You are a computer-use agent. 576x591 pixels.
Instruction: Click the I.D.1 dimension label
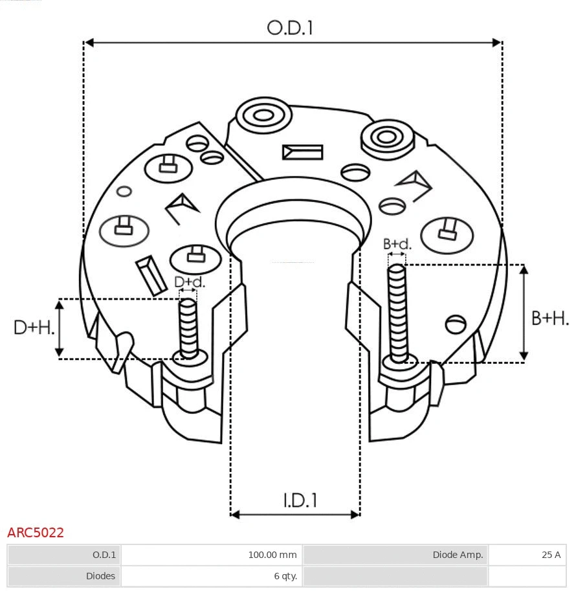pyautogui.click(x=300, y=500)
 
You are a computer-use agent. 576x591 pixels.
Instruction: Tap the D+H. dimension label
pyautogui.click(x=34, y=328)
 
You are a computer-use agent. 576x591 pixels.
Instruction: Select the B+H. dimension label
pyautogui.click(x=550, y=318)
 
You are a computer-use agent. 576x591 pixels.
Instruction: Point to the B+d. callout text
pyautogui.click(x=397, y=244)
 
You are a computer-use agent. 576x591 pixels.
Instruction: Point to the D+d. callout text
pyautogui.click(x=189, y=282)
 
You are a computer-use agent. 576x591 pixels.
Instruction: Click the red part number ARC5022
pyautogui.click(x=36, y=533)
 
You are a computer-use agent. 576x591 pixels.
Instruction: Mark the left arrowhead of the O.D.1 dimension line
pyautogui.click(x=89, y=43)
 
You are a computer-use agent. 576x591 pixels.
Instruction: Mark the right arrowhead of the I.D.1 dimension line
pyautogui.click(x=355, y=515)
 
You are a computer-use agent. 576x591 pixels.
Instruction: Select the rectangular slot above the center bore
pyautogui.click(x=302, y=152)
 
